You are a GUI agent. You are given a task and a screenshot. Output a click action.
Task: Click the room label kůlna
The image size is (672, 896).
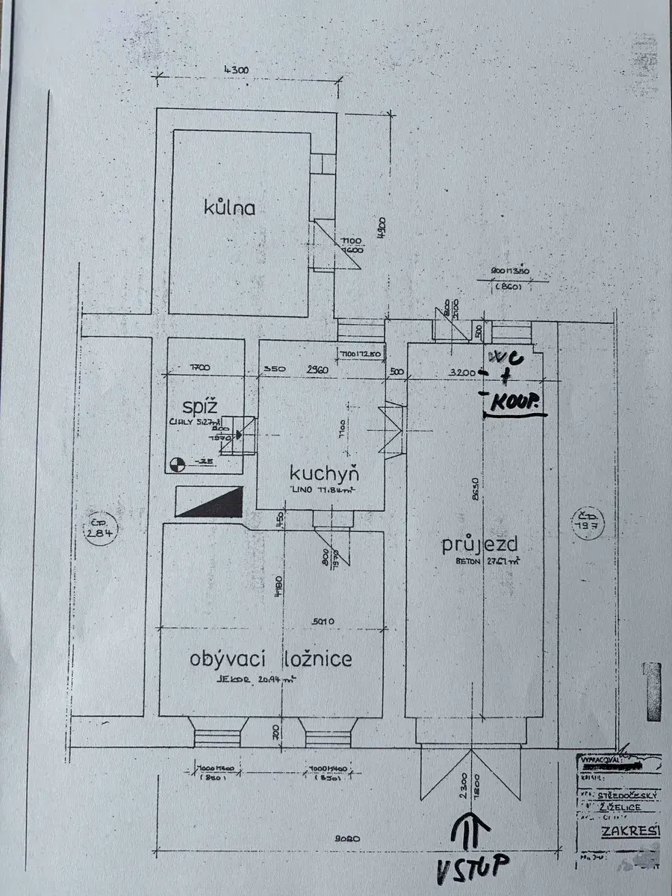point(231,207)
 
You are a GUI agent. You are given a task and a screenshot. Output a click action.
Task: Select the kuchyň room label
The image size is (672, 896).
point(325,473)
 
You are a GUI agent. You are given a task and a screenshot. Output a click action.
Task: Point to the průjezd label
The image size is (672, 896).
point(479,545)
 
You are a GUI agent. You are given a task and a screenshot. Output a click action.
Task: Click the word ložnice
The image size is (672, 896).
point(317,659)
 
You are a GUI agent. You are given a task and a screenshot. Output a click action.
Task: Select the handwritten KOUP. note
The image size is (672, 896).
point(516,404)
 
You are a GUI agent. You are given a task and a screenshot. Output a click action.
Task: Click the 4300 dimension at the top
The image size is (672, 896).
point(236,71)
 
